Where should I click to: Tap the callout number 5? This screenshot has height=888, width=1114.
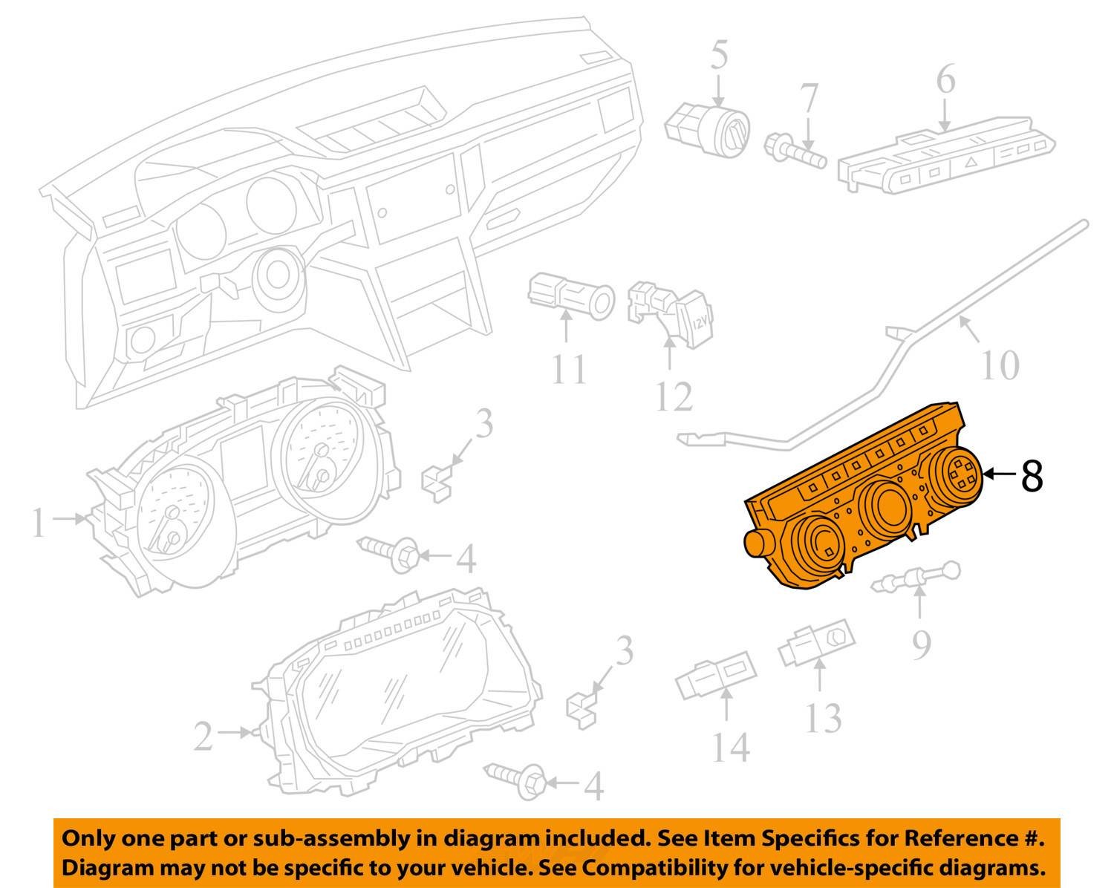coord(719,55)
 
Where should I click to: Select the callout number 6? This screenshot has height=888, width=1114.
coord(945,79)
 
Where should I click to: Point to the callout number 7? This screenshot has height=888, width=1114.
coord(809,99)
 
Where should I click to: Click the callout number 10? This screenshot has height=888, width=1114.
coord(1000,365)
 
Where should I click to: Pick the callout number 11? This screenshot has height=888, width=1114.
coord(569,370)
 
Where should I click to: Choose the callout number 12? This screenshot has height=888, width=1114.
coord(674,396)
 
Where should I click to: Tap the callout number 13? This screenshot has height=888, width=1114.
coord(823,718)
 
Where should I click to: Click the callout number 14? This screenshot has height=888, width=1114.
coord(731,747)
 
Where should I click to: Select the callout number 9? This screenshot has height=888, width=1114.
coord(921,644)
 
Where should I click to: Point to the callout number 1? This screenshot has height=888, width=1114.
coord(39,523)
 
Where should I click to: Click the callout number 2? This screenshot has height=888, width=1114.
coord(203,737)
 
